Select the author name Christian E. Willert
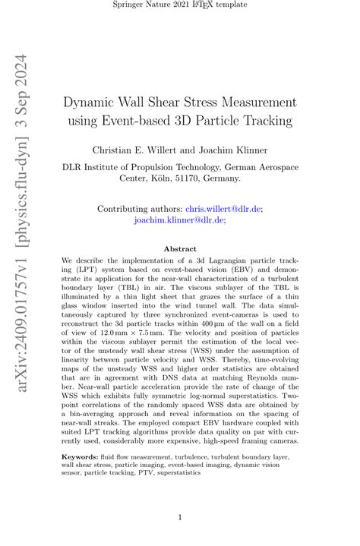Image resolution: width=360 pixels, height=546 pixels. tap(131, 150)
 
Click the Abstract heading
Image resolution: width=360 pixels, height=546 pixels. tap(179, 248)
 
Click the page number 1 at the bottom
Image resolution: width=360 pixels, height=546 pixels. tap(179, 518)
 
